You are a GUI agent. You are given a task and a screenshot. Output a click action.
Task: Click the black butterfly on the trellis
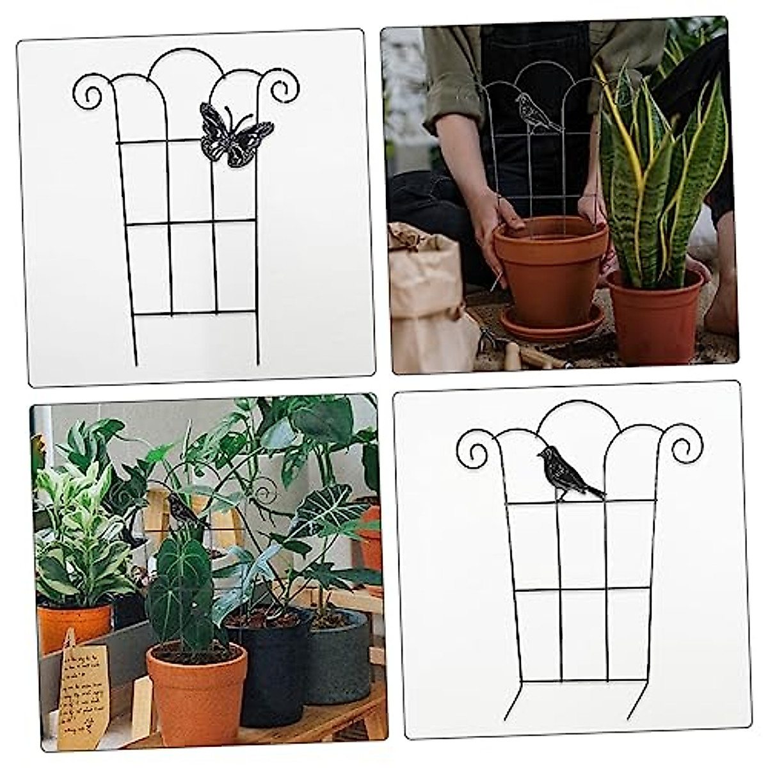pos(236,134)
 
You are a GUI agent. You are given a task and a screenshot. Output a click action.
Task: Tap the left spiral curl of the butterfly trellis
pos(89,90)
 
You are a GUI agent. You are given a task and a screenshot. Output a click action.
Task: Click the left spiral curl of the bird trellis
pos(474,446)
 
